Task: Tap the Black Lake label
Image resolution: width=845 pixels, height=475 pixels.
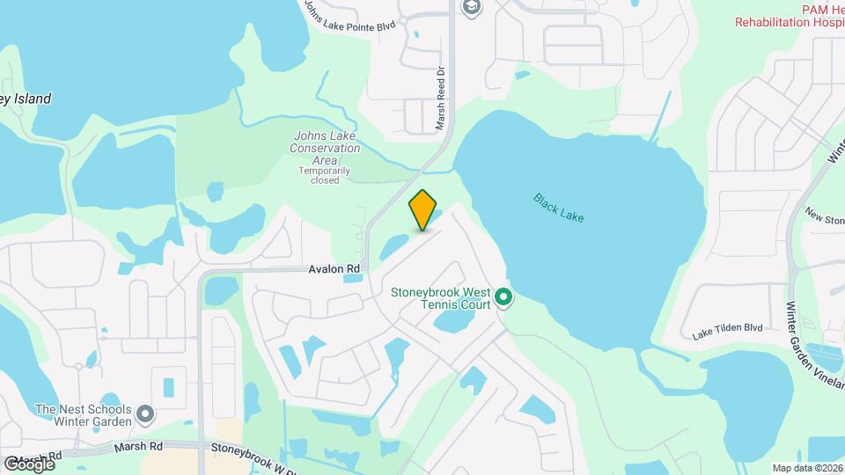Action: click(558, 207)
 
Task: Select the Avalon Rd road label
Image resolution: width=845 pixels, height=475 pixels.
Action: click(335, 268)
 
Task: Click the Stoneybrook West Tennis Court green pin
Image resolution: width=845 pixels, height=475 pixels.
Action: click(503, 298)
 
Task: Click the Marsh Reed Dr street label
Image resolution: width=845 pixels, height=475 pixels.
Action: click(441, 99)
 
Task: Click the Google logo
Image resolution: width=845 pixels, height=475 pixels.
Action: click(29, 464)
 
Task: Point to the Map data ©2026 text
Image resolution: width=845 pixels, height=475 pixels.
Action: click(806, 468)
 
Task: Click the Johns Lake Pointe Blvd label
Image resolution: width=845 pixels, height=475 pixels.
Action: click(349, 17)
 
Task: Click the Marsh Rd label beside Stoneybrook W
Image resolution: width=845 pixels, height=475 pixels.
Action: click(139, 447)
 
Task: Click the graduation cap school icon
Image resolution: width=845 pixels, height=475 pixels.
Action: click(472, 7)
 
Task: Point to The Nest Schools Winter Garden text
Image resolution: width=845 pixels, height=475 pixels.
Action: click(84, 415)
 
